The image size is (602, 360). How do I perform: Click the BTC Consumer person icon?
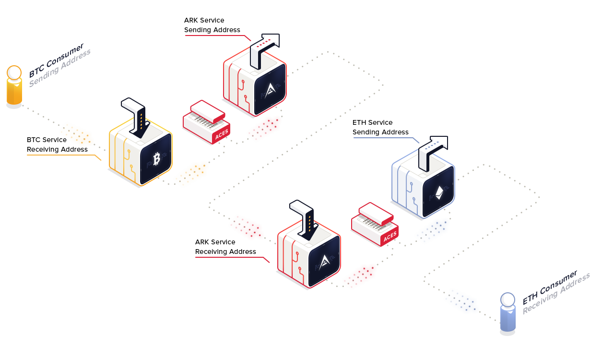pos(14,86)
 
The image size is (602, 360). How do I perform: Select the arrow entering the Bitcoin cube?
pos(136,115)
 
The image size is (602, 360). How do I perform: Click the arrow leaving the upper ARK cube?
pos(266,48)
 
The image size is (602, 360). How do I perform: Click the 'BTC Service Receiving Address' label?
pos(57,144)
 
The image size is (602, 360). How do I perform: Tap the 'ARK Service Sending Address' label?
pos(212,25)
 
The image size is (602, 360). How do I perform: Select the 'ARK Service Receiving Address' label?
pos(225,247)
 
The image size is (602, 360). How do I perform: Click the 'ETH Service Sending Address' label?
pos(380,127)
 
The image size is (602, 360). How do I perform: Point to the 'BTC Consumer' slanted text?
pos(56,60)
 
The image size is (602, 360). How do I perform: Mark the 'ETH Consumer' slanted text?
pos(550,288)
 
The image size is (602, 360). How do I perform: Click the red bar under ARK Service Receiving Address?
pos(232,260)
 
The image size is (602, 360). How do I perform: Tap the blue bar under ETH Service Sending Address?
pos(386,140)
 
